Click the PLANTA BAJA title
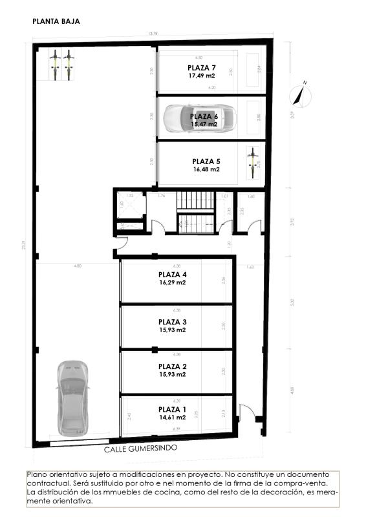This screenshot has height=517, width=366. point(56,21)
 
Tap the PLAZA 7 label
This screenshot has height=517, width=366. point(202,68)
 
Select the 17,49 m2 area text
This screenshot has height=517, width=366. point(202,76)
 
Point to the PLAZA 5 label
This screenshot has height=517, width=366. point(206,162)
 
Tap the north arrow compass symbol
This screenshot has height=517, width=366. point(300,94)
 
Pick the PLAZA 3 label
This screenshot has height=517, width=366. point(173,322)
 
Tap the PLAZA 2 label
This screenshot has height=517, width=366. point(173,366)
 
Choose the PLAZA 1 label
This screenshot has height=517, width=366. point(173,409)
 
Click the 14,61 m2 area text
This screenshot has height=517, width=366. point(173,417)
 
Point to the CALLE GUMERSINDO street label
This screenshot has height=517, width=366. point(140,448)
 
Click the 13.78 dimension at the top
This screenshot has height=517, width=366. point(153,34)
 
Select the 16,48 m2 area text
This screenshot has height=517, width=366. point(206,169)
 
